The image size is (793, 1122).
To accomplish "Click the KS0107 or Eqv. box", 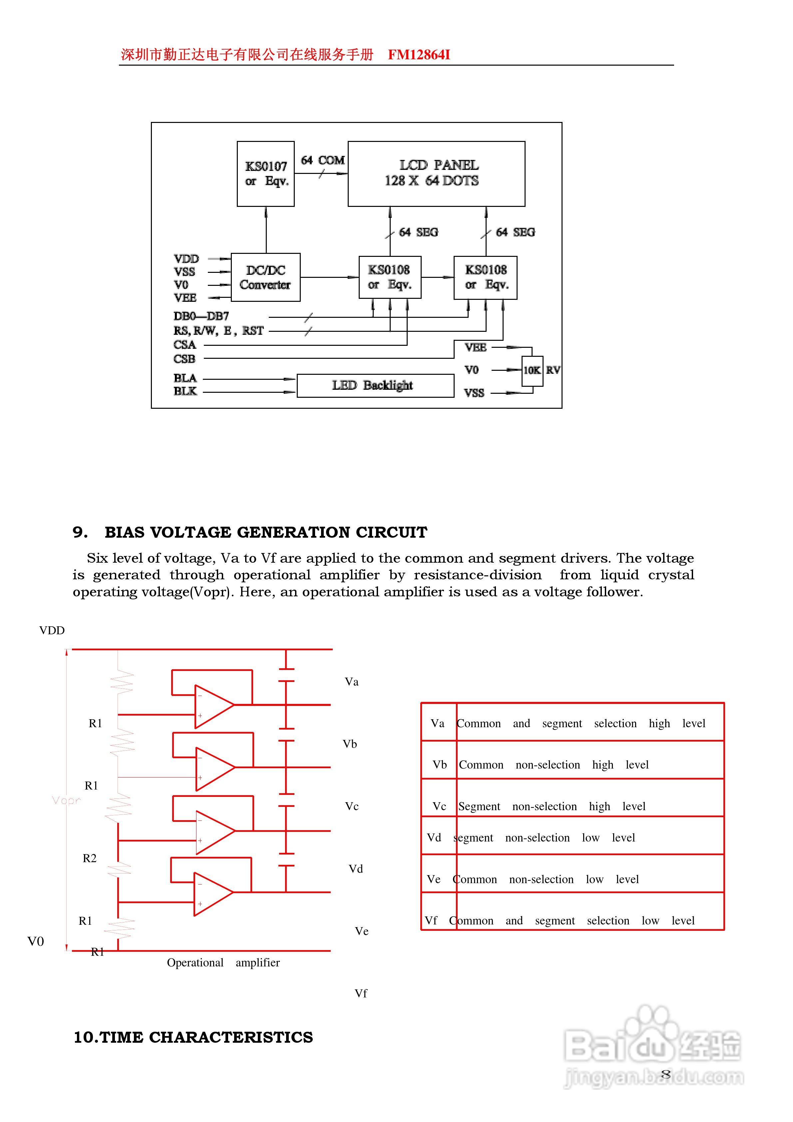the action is click(265, 174).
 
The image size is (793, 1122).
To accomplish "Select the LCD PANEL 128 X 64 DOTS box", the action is click(436, 174).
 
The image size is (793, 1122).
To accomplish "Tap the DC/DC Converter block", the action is click(265, 277).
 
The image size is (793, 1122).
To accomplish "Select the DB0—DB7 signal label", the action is click(201, 316).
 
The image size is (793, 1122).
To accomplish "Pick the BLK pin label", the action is click(185, 391).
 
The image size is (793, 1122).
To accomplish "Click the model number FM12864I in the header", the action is click(419, 55).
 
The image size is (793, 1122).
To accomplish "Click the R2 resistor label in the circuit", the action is click(89, 858).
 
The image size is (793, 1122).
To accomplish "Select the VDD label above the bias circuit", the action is click(52, 630).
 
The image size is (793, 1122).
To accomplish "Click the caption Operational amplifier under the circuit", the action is click(223, 962).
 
